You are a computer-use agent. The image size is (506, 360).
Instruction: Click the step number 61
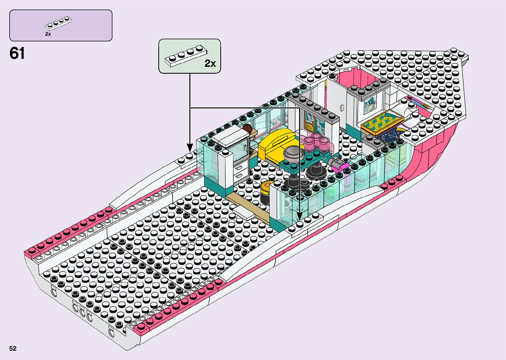point(17,53)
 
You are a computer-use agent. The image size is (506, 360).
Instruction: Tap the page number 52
point(13,348)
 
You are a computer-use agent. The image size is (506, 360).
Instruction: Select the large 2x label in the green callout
point(210,63)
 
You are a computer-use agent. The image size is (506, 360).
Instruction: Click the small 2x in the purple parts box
point(48,34)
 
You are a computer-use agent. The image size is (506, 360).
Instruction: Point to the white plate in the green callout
point(186,56)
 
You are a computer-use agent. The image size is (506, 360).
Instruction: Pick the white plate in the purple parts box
point(58,23)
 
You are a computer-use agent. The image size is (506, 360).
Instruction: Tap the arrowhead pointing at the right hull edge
point(299,216)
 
